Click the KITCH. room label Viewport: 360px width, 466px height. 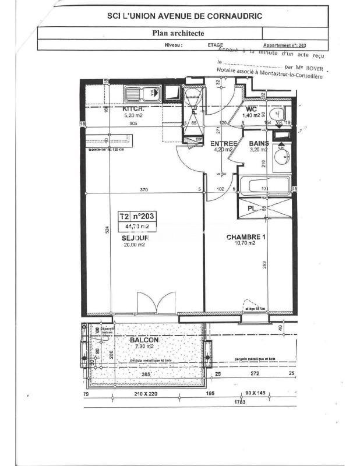(x=133, y=109)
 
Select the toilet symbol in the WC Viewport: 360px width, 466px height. (x=279, y=112)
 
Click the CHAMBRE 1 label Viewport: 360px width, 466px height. (x=246, y=236)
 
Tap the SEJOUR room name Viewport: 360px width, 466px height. (x=136, y=238)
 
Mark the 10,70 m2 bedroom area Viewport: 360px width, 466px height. (x=245, y=243)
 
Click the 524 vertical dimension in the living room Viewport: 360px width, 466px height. (x=107, y=231)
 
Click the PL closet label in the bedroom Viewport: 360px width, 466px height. (x=250, y=207)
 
